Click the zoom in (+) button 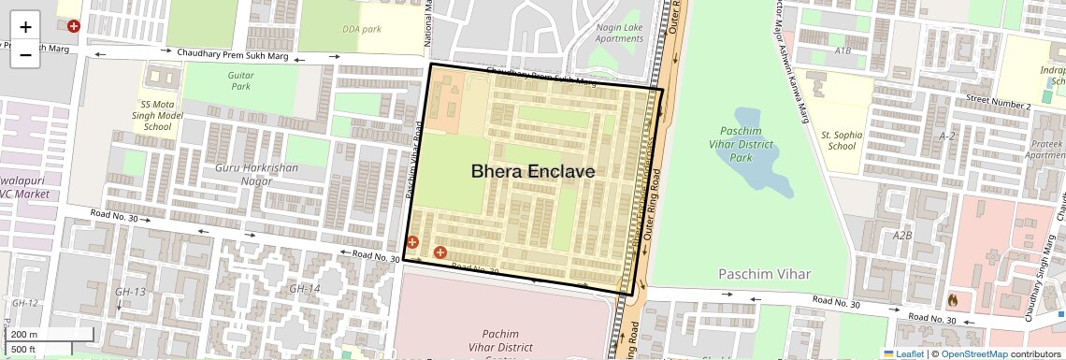[25, 27]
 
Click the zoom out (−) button [25, 54]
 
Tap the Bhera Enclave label [532, 172]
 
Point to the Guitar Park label [241, 80]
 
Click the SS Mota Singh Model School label [156, 115]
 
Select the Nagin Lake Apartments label [619, 33]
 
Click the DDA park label [362, 29]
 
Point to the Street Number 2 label [998, 105]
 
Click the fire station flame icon [953, 300]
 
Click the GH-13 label [130, 293]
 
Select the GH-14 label [304, 289]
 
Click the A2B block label [901, 236]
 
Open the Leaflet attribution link [903, 353]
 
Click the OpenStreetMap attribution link [973, 353]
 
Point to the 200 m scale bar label [25, 334]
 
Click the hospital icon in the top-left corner [73, 26]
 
